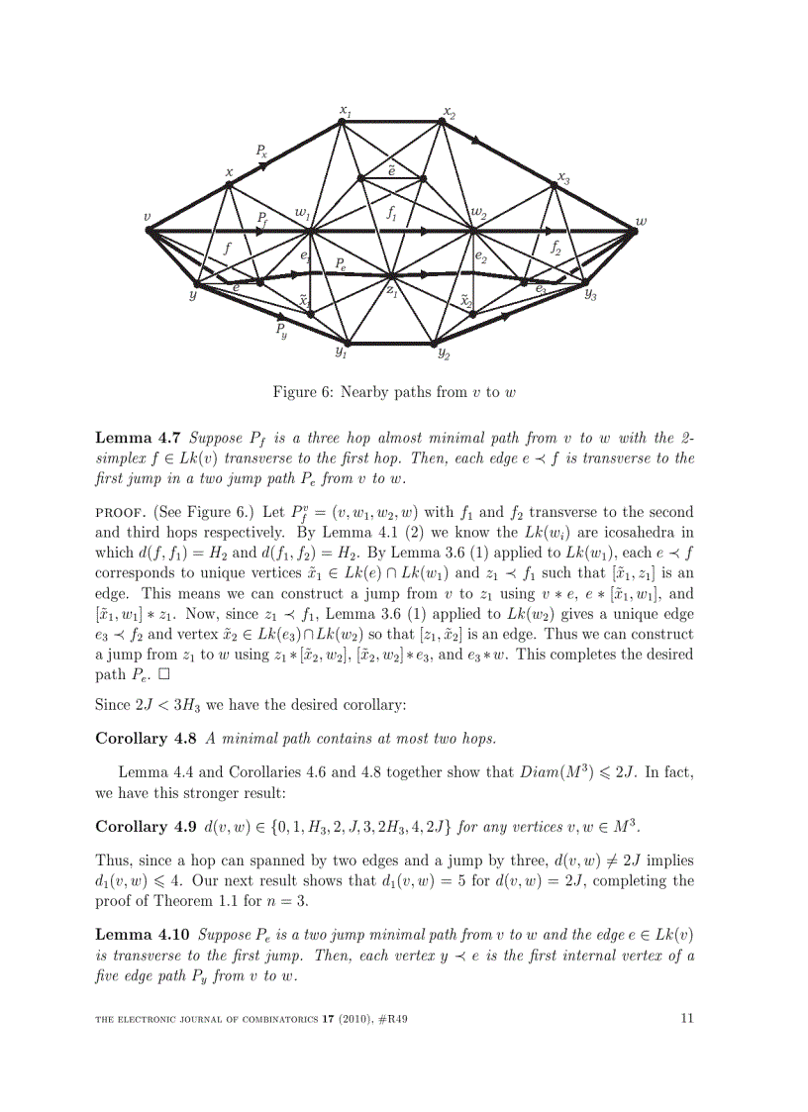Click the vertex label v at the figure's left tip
click(147, 217)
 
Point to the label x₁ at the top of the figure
click(346, 110)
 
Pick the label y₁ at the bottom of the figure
click(341, 352)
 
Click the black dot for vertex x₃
click(555, 184)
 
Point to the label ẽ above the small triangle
click(392, 169)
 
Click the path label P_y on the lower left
click(282, 330)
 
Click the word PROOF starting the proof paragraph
click(121, 513)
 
